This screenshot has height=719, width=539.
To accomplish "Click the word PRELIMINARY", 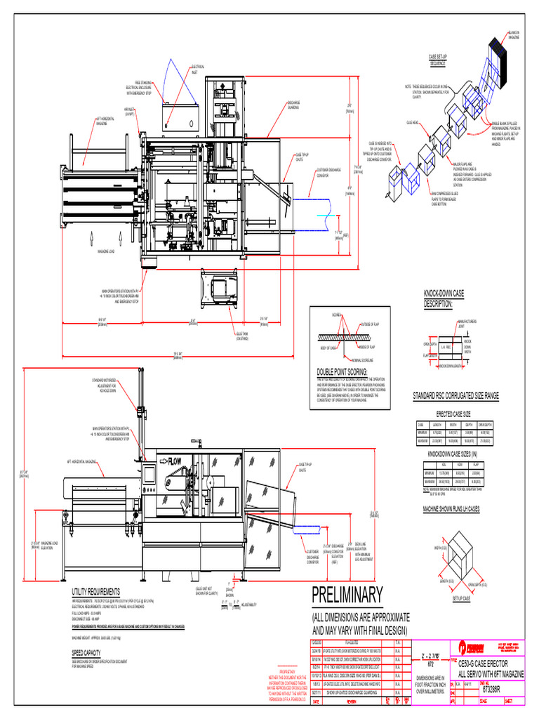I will pyautogui.click(x=348, y=595).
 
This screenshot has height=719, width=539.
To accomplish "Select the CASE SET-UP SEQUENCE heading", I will pyautogui.click(x=438, y=59).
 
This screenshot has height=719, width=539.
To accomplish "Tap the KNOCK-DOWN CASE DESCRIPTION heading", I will pyautogui.click(x=444, y=298).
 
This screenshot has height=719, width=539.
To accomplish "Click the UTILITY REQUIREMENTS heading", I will pyautogui.click(x=96, y=592).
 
